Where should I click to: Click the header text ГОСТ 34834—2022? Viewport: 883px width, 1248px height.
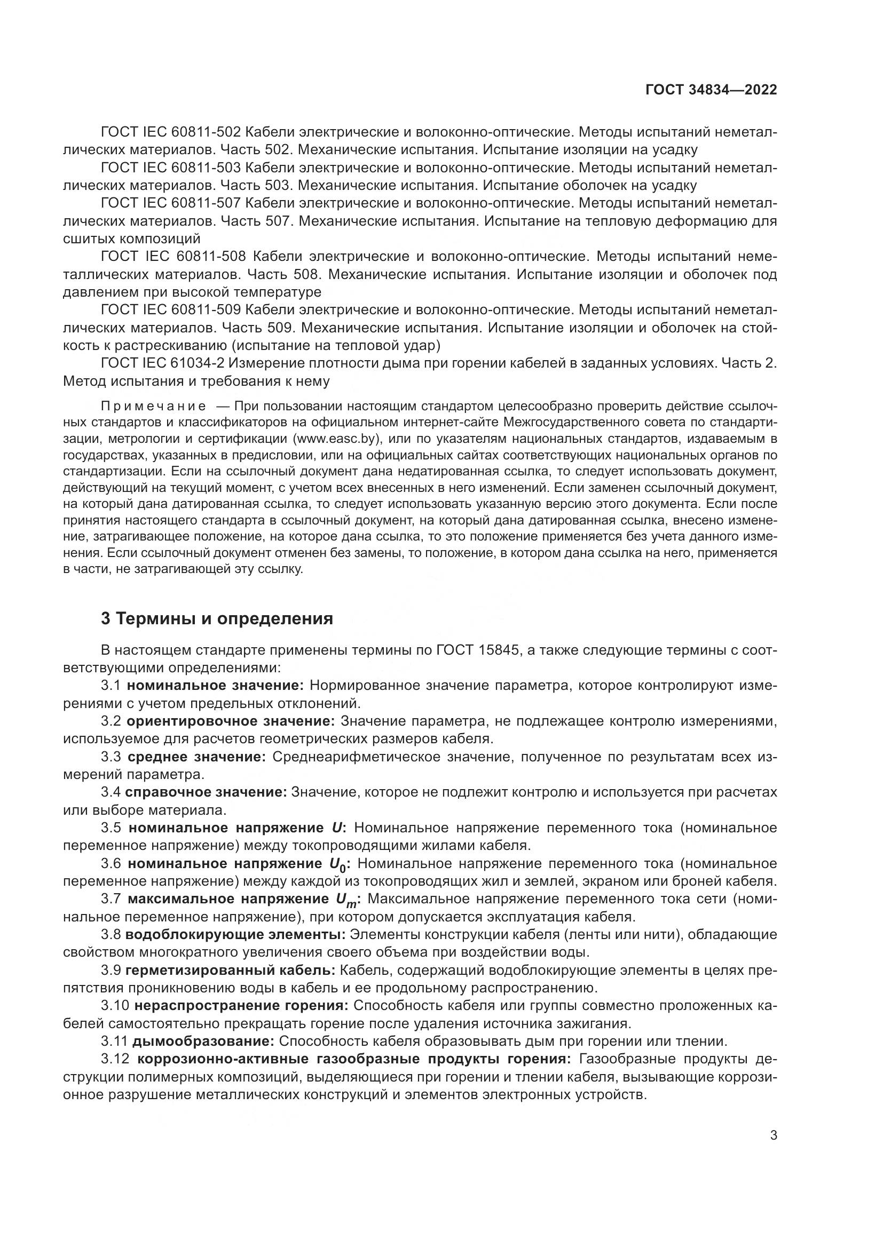click(x=711, y=90)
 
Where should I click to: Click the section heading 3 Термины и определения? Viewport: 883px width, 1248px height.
click(x=216, y=618)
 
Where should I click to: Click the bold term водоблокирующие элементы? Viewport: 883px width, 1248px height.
click(x=235, y=935)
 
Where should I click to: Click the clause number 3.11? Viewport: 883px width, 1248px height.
click(x=114, y=1042)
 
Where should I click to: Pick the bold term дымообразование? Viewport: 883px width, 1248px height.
click(x=203, y=1042)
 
